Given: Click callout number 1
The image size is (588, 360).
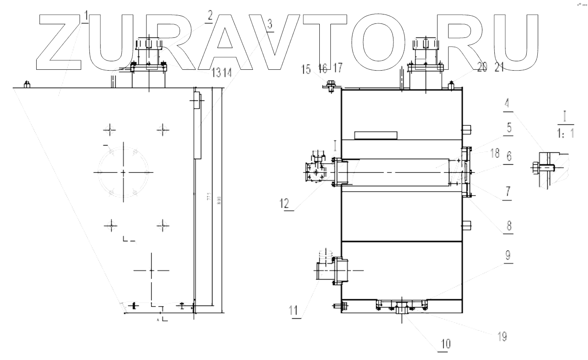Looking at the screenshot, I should point(86,17).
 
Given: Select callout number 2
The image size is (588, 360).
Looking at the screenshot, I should point(209,16).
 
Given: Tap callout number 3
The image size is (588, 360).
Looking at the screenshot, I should point(270,25).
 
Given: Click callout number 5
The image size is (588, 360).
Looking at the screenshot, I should point(508,128).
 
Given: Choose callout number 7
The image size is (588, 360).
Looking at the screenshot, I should point(508,191).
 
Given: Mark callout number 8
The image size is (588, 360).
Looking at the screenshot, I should point(508,225).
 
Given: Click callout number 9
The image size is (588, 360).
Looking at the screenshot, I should point(508,256).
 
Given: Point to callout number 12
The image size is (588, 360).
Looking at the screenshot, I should point(284,203).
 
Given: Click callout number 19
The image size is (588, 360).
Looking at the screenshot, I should point(502,336).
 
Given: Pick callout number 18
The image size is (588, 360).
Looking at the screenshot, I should point(494,154).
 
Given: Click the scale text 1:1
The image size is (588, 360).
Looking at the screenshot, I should point(566,134).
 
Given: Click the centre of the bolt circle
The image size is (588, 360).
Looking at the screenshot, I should point(123,172).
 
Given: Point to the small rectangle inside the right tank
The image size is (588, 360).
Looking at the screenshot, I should point(376,135).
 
